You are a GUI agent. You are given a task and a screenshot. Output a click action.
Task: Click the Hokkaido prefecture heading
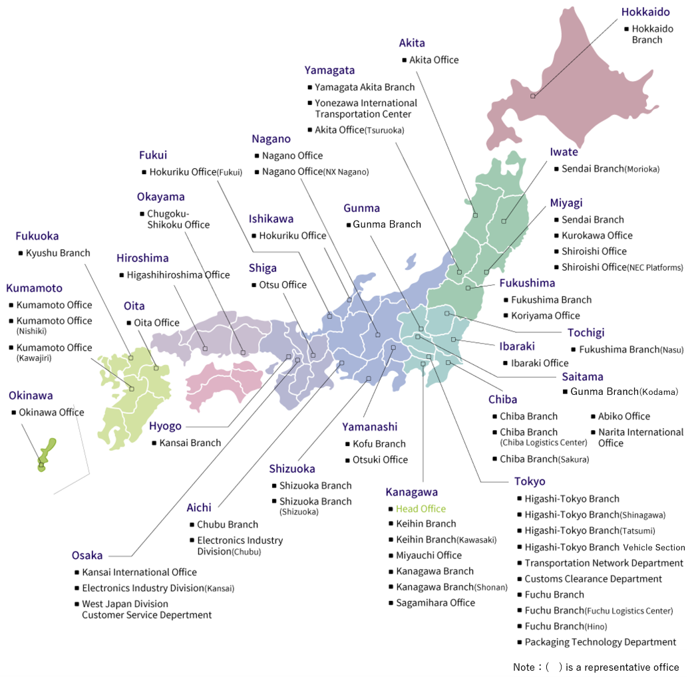(645, 12)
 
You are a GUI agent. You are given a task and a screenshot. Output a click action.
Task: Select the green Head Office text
(421, 509)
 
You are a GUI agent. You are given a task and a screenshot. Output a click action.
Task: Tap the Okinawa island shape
(47, 451)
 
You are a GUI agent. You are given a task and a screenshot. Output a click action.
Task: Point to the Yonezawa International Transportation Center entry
(366, 108)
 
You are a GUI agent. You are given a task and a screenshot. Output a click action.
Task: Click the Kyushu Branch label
(58, 253)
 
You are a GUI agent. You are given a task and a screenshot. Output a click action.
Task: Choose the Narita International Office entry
(641, 437)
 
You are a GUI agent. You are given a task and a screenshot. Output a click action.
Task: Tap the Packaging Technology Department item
(600, 642)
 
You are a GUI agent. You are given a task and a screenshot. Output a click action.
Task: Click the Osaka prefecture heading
(87, 555)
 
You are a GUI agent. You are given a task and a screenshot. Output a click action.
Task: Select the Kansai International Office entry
(139, 572)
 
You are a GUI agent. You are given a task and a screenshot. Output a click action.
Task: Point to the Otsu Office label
(283, 284)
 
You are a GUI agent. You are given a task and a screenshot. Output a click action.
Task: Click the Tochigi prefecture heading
(586, 332)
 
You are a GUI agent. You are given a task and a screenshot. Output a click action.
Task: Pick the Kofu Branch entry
(379, 443)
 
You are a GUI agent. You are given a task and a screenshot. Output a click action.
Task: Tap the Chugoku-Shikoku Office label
(178, 219)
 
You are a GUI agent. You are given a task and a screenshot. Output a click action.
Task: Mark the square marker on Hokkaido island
(532, 96)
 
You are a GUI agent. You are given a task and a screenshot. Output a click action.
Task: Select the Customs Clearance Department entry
(593, 579)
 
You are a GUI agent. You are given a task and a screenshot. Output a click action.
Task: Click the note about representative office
(596, 667)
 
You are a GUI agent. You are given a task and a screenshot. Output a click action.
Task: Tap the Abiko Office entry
(623, 416)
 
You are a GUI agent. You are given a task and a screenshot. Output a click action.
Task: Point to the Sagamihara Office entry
(435, 602)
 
